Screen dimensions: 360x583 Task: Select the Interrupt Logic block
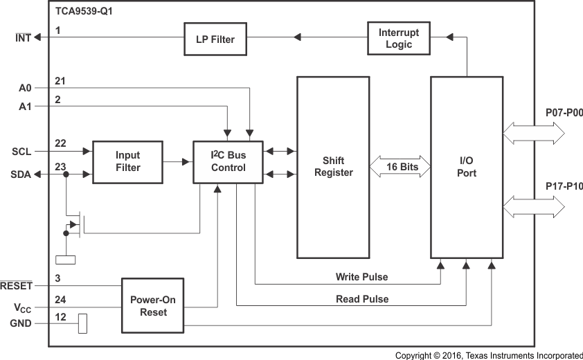[x=398, y=39]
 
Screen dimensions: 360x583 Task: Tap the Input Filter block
[x=127, y=162]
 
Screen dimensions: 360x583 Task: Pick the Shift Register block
[x=334, y=167]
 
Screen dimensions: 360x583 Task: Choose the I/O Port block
[x=467, y=167]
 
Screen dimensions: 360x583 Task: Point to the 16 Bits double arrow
[x=400, y=167]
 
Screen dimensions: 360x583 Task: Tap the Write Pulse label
[x=361, y=277]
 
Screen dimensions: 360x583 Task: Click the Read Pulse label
[x=362, y=299]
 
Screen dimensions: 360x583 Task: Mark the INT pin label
[x=23, y=38]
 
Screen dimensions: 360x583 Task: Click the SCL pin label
[x=21, y=151]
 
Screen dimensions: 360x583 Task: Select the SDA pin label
[x=21, y=174]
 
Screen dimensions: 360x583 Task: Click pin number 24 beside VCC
[x=60, y=300]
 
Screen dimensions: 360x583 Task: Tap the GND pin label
[x=21, y=323]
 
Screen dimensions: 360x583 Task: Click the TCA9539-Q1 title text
[x=84, y=12]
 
